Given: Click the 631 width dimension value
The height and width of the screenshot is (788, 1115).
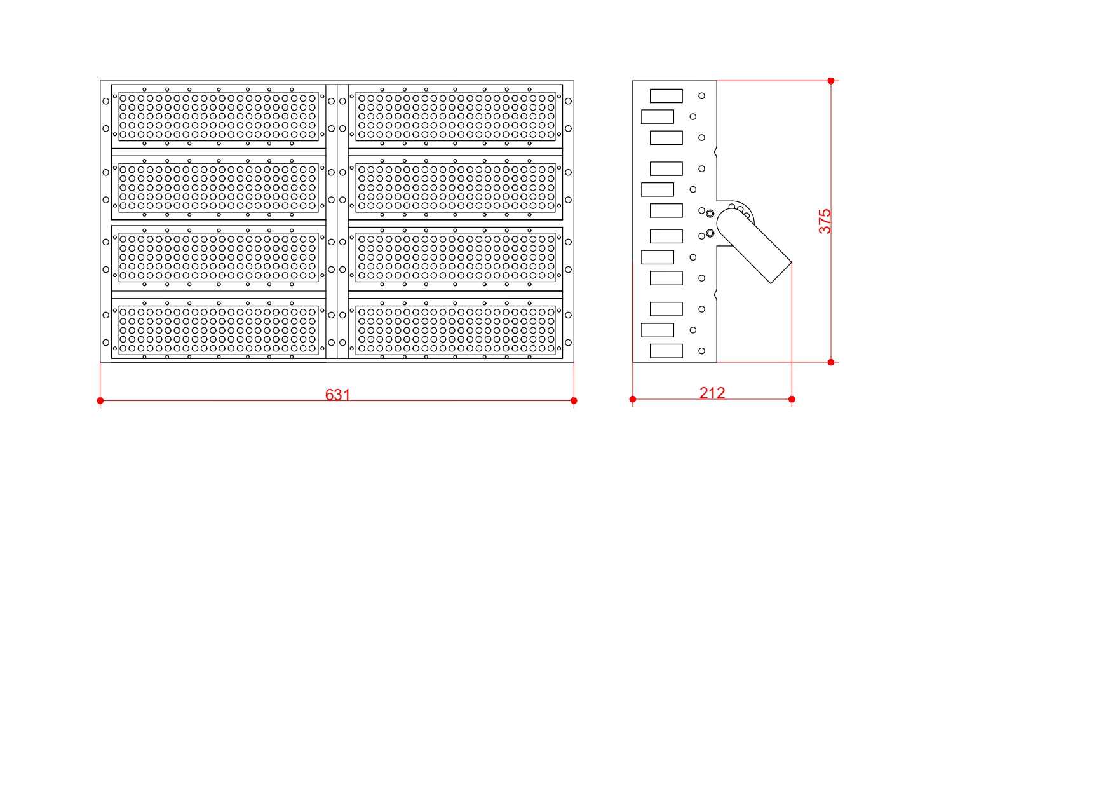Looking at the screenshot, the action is pos(337,395).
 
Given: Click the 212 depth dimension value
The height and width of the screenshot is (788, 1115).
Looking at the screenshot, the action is pos(712,393).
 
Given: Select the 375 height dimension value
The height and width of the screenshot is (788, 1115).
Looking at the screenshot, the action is pos(825,221).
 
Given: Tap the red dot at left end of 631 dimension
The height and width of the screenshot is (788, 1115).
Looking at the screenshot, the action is pos(100,400).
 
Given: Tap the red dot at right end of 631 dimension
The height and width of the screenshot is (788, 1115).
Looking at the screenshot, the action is pos(574,400).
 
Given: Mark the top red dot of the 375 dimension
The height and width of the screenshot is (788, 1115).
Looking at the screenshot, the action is pos(831,81).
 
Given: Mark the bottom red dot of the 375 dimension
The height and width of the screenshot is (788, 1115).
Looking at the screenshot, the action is pos(831,362).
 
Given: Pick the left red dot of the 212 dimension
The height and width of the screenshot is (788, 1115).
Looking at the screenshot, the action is pos(633,399).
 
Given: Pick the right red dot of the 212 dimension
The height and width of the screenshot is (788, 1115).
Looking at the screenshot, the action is pos(792,399).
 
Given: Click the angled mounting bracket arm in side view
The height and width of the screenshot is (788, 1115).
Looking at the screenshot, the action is pos(754,246).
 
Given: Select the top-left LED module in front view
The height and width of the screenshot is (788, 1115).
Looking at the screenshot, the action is pos(219,116).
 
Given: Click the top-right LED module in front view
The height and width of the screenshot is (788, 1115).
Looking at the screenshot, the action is pos(456,116).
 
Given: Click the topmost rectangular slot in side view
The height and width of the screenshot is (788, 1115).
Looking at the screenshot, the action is pos(666,96).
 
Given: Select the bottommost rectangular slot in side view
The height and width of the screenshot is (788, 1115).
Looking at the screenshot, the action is pos(666,351).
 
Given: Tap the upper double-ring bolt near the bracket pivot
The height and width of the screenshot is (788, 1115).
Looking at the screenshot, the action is pos(710,214).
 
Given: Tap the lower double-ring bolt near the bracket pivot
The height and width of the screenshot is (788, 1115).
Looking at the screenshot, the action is pos(710,233).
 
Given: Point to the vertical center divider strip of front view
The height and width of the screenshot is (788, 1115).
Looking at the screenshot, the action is pos(337,221).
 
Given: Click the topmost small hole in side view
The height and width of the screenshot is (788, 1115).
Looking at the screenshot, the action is pos(702,96).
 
